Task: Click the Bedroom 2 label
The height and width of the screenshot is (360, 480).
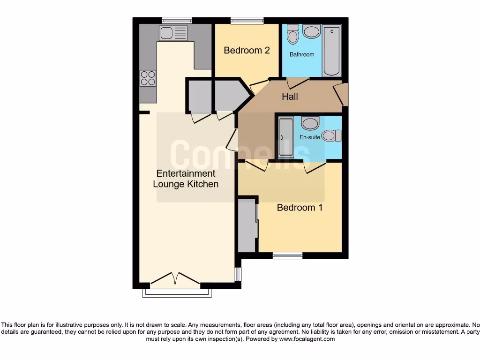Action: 247,51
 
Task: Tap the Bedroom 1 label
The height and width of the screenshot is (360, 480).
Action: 300,207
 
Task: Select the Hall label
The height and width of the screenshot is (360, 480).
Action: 290,97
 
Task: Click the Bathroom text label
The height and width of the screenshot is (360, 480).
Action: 302,54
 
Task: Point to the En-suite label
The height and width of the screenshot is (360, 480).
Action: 310,137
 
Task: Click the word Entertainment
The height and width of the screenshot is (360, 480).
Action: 186,173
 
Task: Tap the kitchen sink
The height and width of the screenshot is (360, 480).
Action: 173,33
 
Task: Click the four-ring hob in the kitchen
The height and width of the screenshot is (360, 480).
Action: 148,78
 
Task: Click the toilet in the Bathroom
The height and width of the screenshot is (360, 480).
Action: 293,34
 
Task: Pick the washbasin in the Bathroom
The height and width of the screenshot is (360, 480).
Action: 311,31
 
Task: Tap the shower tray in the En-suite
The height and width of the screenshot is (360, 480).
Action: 285,138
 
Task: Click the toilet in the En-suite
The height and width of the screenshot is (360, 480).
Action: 332,135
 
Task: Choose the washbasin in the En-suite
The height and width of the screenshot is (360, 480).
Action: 310,123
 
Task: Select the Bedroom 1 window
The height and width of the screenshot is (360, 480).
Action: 287,255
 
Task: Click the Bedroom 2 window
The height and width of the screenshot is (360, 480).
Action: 247,21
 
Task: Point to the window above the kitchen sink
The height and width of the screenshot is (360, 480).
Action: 177,21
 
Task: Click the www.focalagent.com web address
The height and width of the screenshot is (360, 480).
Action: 307,339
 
